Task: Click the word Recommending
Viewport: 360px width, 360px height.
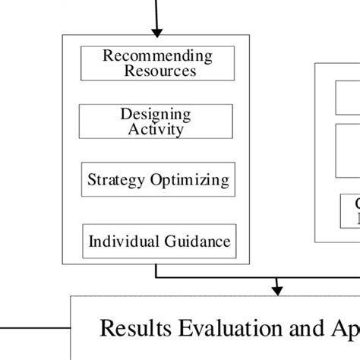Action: pyautogui.click(x=157, y=55)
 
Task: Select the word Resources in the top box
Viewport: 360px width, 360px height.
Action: pyautogui.click(x=159, y=71)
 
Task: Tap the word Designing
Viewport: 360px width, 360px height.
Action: pyautogui.click(x=156, y=114)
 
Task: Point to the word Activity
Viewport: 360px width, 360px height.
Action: pyautogui.click(x=156, y=128)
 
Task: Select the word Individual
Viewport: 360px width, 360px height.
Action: pyautogui.click(x=122, y=242)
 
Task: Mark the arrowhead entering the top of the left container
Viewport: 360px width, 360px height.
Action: pyautogui.click(x=157, y=31)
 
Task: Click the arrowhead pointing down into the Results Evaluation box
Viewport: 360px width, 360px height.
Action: pyautogui.click(x=278, y=289)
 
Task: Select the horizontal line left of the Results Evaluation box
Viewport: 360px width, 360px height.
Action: pyautogui.click(x=34, y=327)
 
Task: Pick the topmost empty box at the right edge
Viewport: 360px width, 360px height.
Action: pyautogui.click(x=348, y=96)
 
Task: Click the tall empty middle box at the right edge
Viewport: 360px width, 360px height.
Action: pyautogui.click(x=348, y=150)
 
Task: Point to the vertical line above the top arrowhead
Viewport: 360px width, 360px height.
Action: pyautogui.click(x=157, y=11)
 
